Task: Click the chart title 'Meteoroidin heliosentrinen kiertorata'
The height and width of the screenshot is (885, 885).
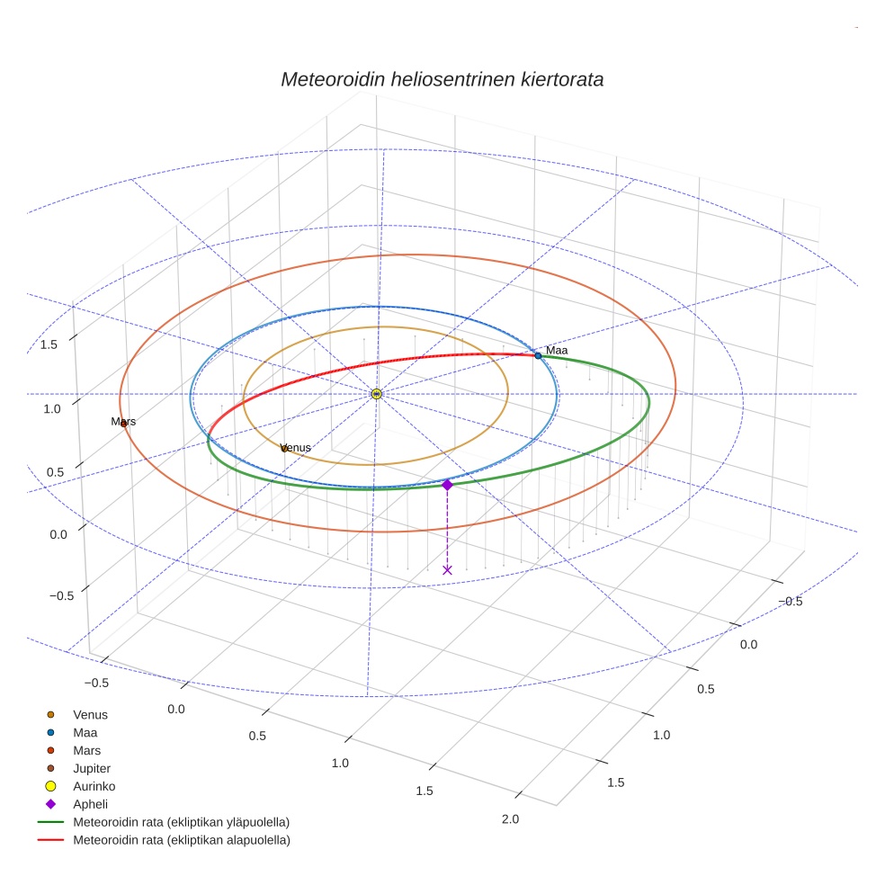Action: (x=442, y=79)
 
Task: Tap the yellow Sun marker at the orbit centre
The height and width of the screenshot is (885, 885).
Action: (x=376, y=394)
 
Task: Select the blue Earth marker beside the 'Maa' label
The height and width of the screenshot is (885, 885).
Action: (x=538, y=356)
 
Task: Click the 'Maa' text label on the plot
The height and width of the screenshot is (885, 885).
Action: (x=557, y=350)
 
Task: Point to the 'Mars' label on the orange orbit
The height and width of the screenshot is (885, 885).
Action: (x=123, y=421)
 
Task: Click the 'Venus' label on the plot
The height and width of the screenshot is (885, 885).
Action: (x=296, y=448)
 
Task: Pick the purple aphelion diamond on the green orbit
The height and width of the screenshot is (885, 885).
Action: (x=447, y=485)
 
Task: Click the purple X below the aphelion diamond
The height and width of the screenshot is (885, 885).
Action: (x=447, y=570)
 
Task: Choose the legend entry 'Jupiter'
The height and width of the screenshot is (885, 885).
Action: (x=91, y=768)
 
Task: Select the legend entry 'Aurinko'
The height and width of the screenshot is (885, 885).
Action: (x=94, y=786)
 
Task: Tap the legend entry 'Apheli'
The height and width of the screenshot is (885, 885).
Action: (x=90, y=804)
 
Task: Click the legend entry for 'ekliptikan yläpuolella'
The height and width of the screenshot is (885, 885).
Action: (x=181, y=822)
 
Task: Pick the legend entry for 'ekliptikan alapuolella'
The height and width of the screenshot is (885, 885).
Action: (x=181, y=840)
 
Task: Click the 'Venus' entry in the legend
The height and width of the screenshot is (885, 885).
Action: (x=90, y=714)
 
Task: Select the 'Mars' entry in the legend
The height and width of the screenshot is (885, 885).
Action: (x=86, y=750)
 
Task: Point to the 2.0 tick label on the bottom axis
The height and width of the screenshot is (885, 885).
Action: (x=510, y=818)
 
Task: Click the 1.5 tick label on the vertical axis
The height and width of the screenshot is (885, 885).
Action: (x=49, y=344)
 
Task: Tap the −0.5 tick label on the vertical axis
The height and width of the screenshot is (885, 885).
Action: (x=61, y=596)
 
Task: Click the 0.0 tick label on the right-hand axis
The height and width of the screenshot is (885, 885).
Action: (x=748, y=644)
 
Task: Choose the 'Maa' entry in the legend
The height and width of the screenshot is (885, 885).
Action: (x=85, y=732)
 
